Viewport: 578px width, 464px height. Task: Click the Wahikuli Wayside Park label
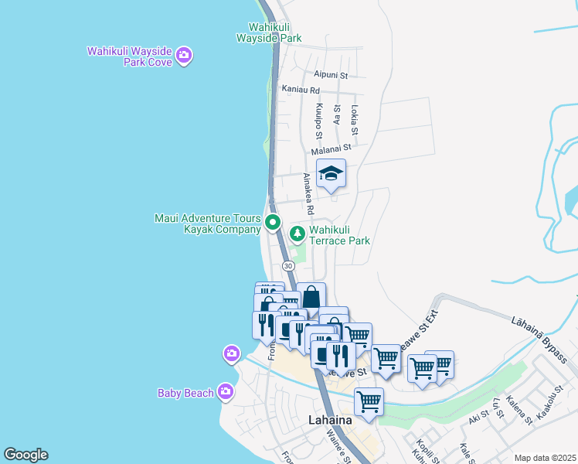pyautogui.click(x=268, y=32)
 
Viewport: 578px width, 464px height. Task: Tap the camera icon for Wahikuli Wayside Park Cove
pyautogui.click(x=184, y=55)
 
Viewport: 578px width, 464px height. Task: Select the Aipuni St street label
pyautogui.click(x=331, y=75)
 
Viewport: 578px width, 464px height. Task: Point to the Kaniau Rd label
pyautogui.click(x=301, y=90)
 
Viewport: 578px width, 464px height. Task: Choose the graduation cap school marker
pyautogui.click(x=331, y=174)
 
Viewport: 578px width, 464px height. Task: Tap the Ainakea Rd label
pyautogui.click(x=308, y=193)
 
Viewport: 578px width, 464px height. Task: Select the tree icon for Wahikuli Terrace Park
pyautogui.click(x=297, y=233)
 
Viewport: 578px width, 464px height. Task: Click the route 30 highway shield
pyautogui.click(x=288, y=265)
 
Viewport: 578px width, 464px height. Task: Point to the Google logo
pyautogui.click(x=25, y=455)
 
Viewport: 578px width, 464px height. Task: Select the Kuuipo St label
pyautogui.click(x=318, y=117)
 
